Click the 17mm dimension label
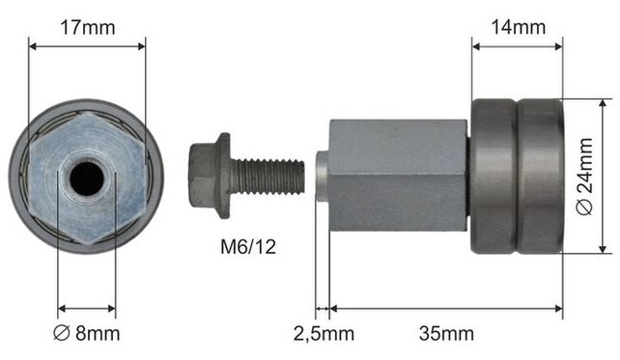click(87, 28)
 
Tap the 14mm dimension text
click(518, 27)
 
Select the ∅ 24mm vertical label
click(585, 177)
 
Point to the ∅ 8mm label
click(86, 334)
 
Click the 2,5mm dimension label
click(324, 334)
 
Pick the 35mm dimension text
click(446, 334)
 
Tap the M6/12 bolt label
click(248, 247)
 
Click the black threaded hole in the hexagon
click(87, 180)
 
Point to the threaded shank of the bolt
click(268, 177)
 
